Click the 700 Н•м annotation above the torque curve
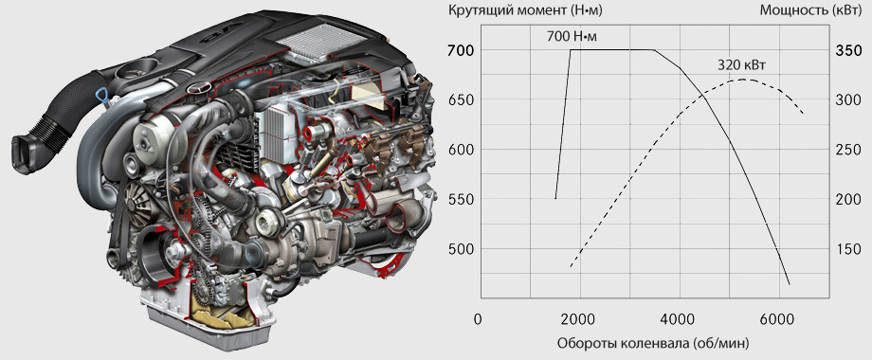(x=574, y=37)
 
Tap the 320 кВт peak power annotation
(x=741, y=65)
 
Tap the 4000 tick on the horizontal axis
(x=680, y=319)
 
